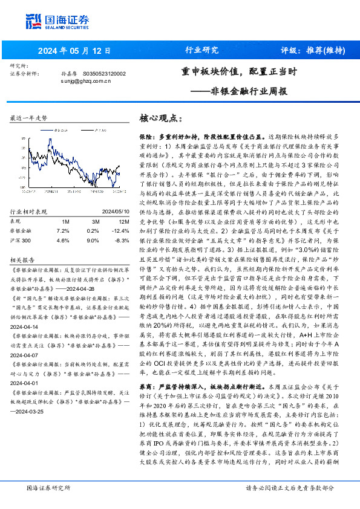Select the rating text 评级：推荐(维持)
point(313,50)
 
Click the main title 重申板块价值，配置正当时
point(239,72)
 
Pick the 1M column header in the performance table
point(65,221)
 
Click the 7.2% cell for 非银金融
point(63,231)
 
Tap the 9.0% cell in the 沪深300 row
point(93,241)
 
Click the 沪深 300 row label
point(22,241)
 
